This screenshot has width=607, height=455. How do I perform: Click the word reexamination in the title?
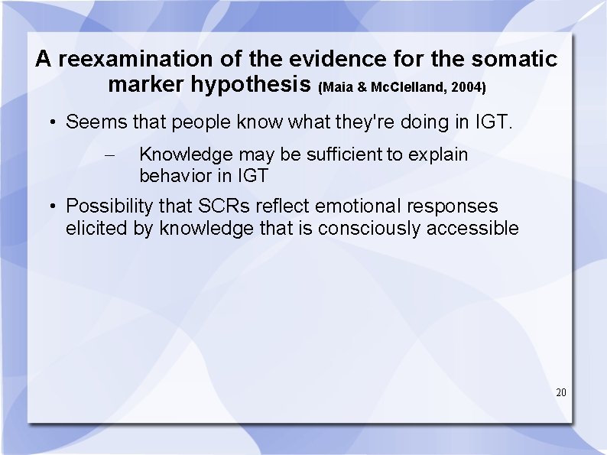pyautogui.click(x=138, y=59)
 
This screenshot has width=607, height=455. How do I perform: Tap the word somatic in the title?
pyautogui.click(x=515, y=59)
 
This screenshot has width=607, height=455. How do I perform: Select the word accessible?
pyautogui.click(x=479, y=228)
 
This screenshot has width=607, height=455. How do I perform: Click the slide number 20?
pyautogui.click(x=561, y=392)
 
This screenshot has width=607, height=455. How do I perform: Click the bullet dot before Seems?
pyautogui.click(x=52, y=122)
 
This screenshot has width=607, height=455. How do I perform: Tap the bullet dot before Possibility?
pyautogui.click(x=52, y=207)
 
